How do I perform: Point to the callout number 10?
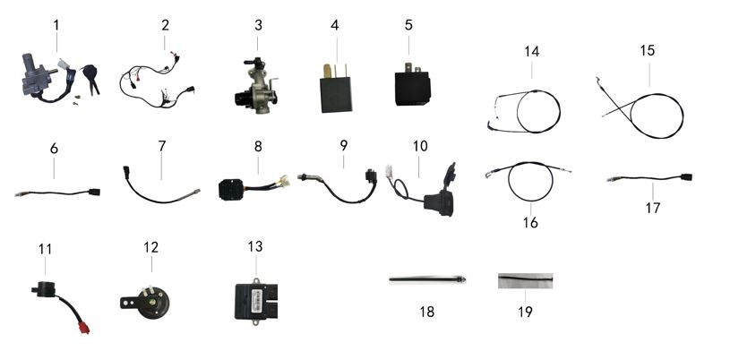(x=421, y=146)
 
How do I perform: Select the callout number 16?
(x=530, y=221)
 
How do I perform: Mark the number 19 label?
(x=524, y=312)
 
